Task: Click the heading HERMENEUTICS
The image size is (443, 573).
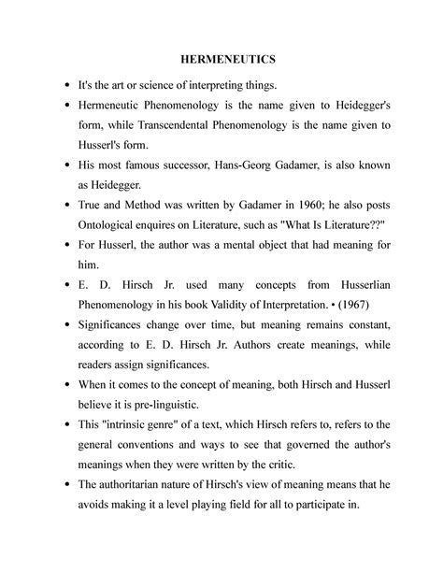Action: coord(221,60)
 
